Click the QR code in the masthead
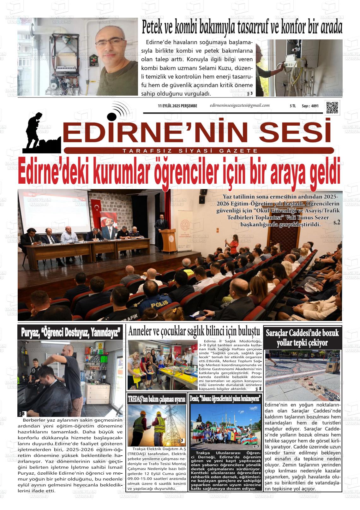(x=332, y=108)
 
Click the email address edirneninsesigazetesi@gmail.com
(x=239, y=105)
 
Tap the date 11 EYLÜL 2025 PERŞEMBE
(x=177, y=106)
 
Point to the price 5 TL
(x=292, y=106)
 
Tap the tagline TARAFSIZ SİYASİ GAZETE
(x=190, y=151)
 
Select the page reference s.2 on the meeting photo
(x=337, y=222)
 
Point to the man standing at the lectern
(x=160, y=227)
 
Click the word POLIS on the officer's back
(x=160, y=305)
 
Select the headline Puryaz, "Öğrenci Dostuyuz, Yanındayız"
(x=70, y=333)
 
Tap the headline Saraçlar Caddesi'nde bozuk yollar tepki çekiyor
(x=302, y=338)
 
